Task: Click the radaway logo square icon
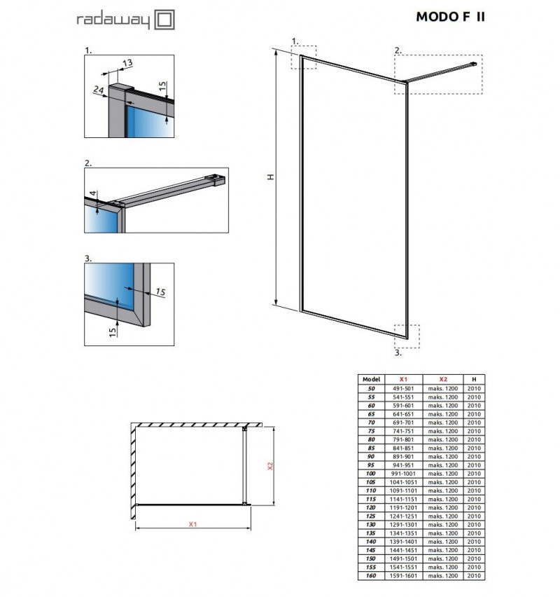tap(164, 19)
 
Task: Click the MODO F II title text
tap(450, 18)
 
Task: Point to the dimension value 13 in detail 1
tap(127, 63)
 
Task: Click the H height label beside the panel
tap(269, 177)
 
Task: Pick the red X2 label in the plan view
tap(268, 465)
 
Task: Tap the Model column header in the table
tap(371, 378)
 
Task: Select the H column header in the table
tap(474, 378)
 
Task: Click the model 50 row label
tap(371, 387)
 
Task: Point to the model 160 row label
tap(371, 576)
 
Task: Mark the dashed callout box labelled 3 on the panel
tap(406, 336)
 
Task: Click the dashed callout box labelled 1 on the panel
tap(304, 57)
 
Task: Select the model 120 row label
tap(371, 508)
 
